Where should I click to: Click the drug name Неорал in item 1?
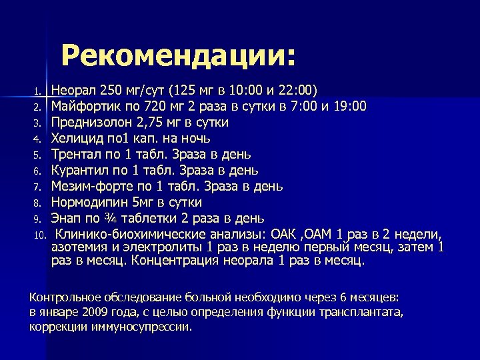(x=73, y=90)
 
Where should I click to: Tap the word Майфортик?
(x=85, y=106)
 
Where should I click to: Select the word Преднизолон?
(x=91, y=122)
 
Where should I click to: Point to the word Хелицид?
(x=76, y=138)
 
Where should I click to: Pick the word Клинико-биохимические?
(x=125, y=234)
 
